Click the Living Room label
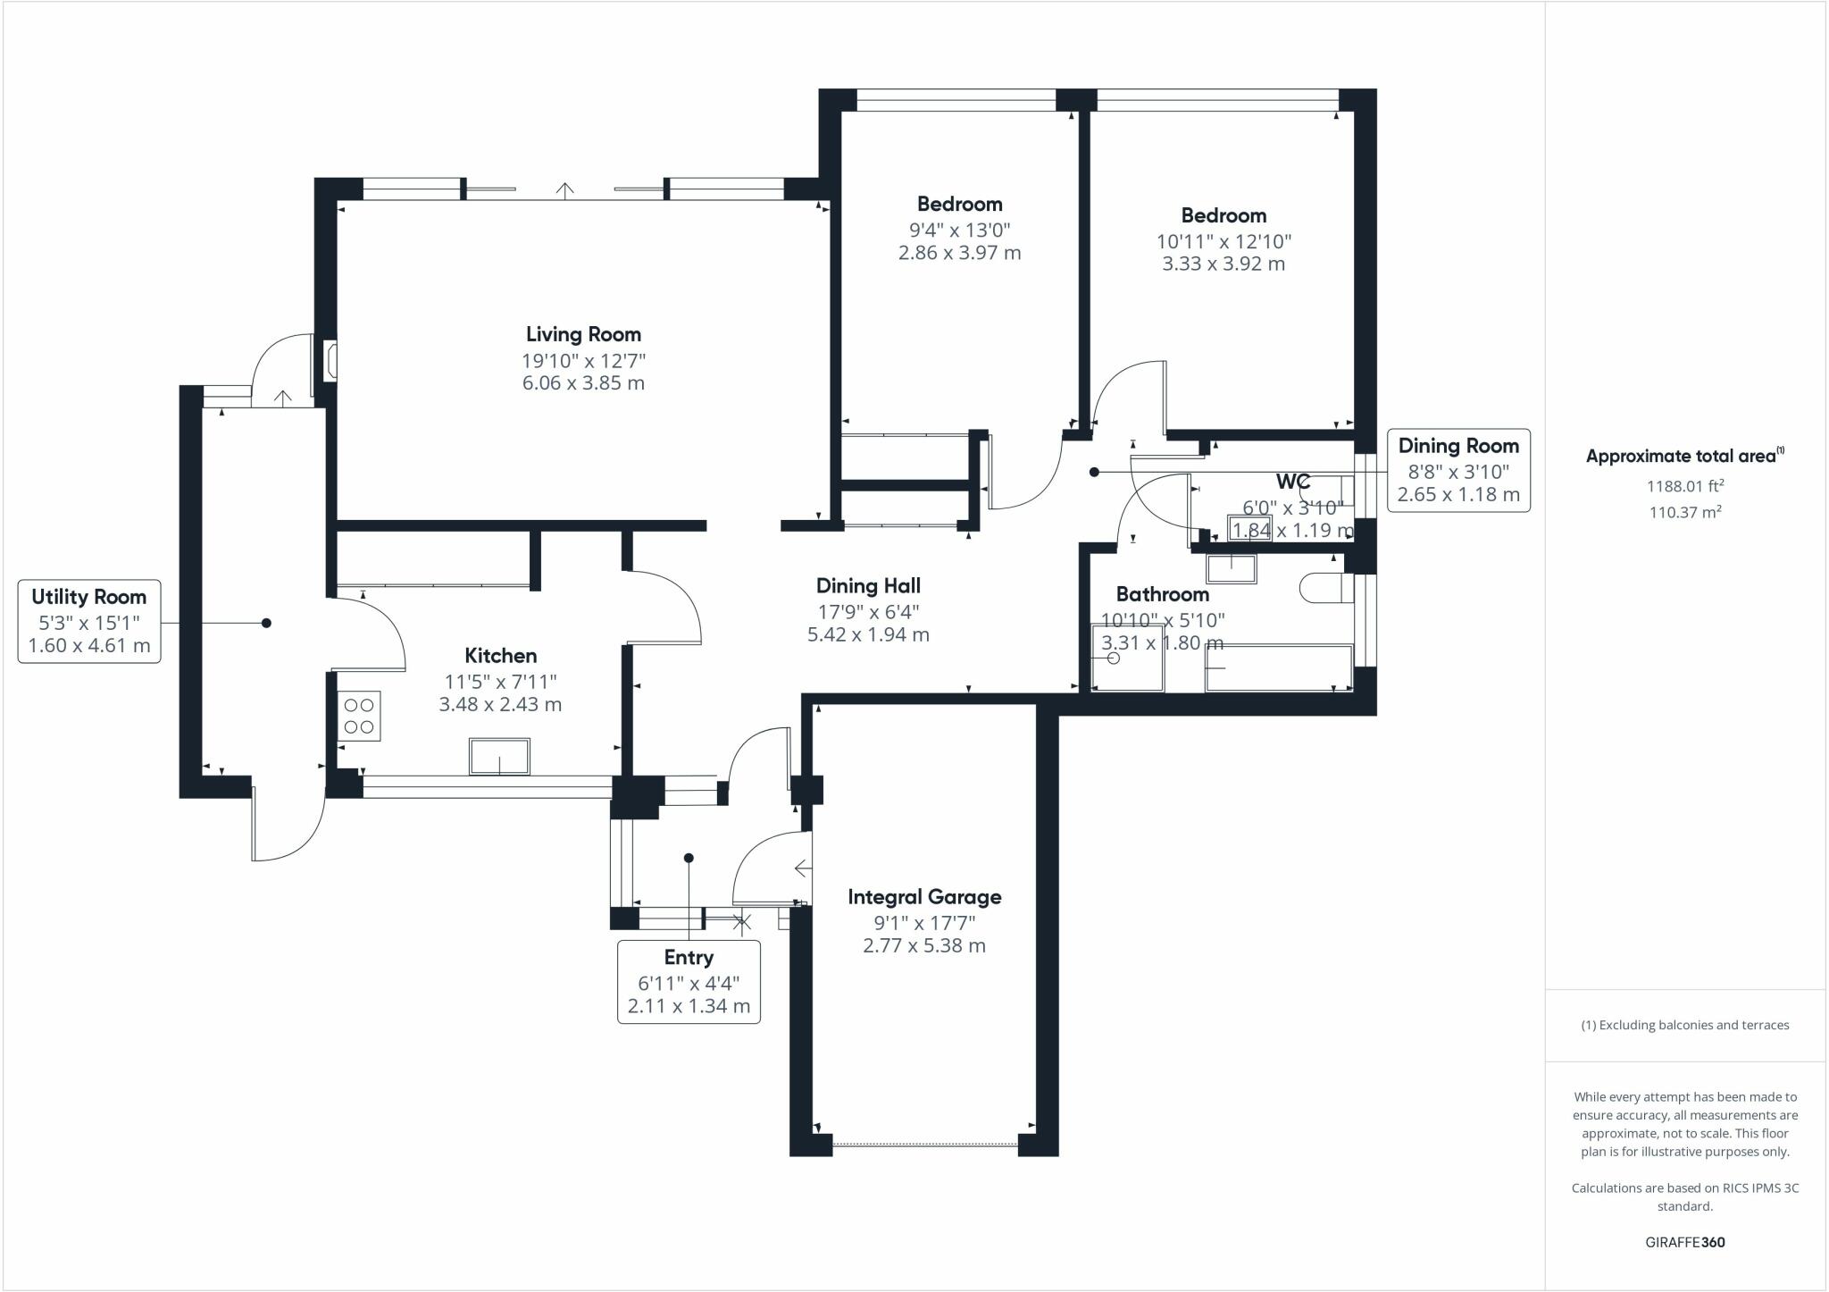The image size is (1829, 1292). [583, 334]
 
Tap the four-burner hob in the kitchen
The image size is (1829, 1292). [359, 716]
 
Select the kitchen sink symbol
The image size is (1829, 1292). [499, 756]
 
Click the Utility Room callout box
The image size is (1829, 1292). [89, 621]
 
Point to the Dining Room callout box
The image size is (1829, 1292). [1457, 470]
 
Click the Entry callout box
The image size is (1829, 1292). [689, 981]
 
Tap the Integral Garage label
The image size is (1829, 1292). [924, 896]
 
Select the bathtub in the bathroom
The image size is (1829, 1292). [1279, 667]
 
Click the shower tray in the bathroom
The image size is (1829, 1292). [1127, 658]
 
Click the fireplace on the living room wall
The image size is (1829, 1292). [330, 362]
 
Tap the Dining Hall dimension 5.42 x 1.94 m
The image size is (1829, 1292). [868, 635]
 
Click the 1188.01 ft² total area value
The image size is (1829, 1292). [1684, 486]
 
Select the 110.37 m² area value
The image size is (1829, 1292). [1684, 512]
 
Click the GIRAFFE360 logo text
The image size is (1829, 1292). [1684, 1242]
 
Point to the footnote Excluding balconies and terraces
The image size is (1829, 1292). [1684, 1025]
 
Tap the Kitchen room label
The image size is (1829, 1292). [500, 656]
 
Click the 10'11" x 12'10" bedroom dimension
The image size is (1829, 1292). [1224, 241]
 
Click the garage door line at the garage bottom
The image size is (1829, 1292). [924, 1143]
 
